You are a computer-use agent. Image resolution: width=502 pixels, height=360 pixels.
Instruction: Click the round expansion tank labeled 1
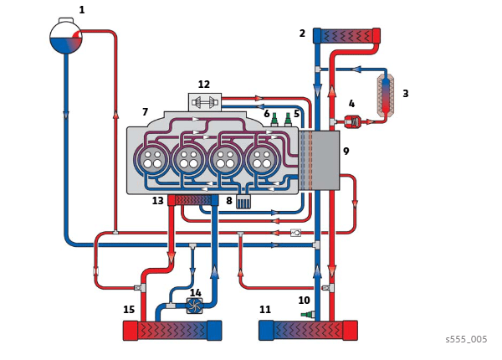point(66,38)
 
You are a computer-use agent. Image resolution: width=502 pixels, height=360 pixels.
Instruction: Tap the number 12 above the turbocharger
point(203,85)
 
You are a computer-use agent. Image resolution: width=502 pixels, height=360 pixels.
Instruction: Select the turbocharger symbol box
point(204,102)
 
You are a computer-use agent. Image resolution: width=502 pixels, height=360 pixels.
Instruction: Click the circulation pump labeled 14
point(194,306)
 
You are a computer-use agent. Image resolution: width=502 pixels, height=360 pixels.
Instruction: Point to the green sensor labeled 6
point(274,119)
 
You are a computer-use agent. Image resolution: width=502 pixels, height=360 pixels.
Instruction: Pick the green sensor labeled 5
point(288,119)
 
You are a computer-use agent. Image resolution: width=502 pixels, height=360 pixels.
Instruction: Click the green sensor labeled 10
point(307,315)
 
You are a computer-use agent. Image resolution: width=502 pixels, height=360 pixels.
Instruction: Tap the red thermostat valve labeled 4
point(352,121)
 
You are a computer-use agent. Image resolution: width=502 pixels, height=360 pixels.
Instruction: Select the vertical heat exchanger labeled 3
point(386,95)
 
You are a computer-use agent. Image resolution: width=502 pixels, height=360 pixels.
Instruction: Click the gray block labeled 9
point(320,160)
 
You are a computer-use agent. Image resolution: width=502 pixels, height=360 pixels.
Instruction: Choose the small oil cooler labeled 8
point(243,202)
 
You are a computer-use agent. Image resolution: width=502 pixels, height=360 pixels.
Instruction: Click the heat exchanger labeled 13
point(193,200)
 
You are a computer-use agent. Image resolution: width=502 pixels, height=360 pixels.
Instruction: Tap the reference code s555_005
point(466,339)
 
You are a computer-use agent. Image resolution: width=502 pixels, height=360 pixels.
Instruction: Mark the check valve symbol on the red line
point(295,233)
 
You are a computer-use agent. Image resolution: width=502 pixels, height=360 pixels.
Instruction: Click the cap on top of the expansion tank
point(66,20)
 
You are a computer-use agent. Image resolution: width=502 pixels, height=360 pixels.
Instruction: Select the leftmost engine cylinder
point(152,159)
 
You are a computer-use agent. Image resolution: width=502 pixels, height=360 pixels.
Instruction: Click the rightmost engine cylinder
point(262,159)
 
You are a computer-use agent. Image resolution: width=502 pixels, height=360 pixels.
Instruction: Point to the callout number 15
point(129,309)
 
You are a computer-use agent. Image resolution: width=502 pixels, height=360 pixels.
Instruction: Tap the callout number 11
point(264,309)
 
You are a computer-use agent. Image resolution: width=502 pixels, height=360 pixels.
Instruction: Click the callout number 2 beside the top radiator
point(302,33)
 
